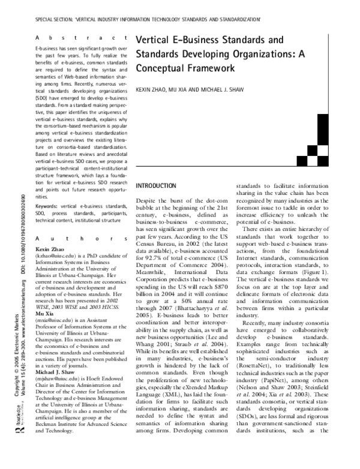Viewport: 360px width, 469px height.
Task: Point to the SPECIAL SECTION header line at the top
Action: (x=148, y=19)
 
